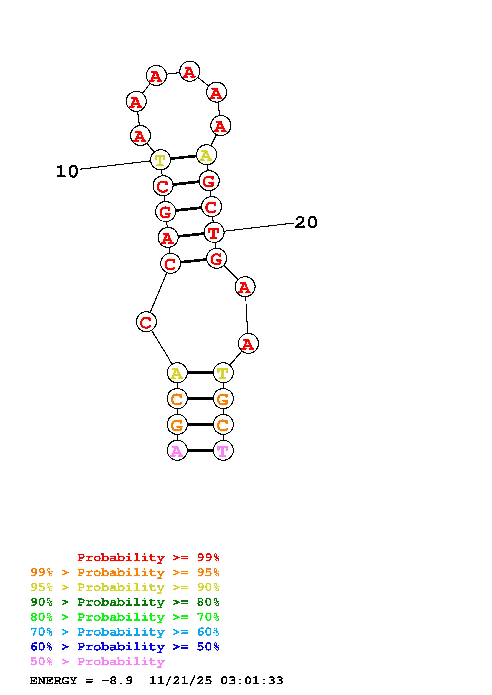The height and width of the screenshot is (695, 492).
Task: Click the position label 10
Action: click(67, 172)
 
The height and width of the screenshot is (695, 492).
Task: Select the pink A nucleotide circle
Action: click(177, 450)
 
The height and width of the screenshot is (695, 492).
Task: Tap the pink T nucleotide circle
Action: click(223, 450)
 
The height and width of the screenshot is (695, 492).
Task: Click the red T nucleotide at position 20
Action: click(214, 232)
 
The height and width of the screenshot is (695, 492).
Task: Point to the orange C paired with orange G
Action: click(177, 399)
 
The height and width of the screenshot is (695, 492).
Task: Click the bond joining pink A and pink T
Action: click(200, 450)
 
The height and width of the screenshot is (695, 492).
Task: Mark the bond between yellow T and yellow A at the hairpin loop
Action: click(183, 157)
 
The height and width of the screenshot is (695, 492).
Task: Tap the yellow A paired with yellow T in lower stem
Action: click(177, 373)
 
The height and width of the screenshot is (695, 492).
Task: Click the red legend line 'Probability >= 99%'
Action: click(148, 557)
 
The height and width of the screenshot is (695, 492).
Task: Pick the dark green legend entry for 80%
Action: click(125, 602)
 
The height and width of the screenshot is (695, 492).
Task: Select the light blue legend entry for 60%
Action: click(125, 632)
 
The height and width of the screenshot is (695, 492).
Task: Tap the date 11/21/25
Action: click(180, 681)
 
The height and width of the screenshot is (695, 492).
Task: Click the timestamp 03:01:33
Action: click(252, 681)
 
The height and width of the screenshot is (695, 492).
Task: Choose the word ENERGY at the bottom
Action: click(53, 681)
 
